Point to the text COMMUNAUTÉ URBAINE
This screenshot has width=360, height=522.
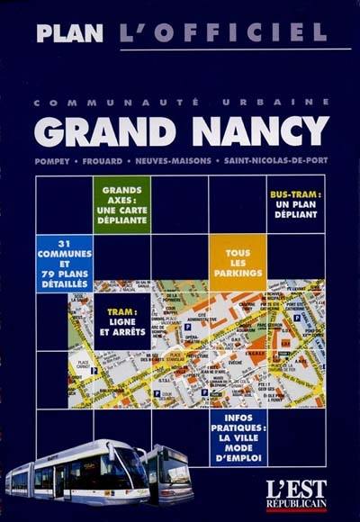(180, 103)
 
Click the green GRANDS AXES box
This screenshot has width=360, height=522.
(121, 205)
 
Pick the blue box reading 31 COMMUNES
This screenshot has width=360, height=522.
(64, 263)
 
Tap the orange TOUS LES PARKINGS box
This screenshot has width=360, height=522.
(238, 263)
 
